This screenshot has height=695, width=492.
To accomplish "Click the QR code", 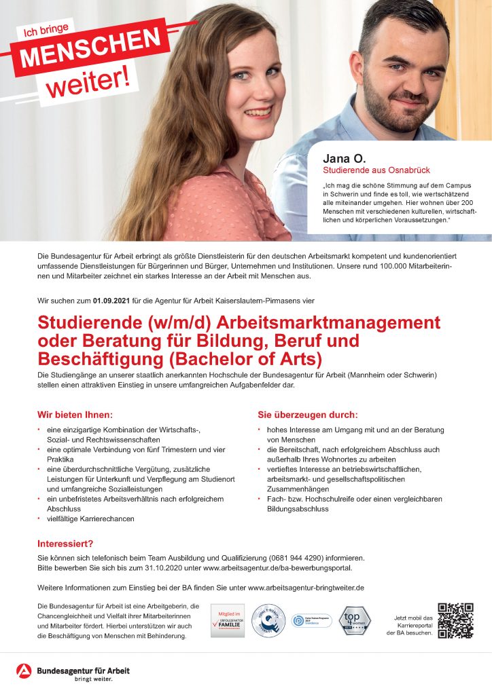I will tap(455, 620).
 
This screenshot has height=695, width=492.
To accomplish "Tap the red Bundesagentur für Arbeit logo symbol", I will tap(24, 671).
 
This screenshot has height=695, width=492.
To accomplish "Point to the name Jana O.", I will tap(346, 159).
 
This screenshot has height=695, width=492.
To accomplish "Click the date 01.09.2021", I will tap(113, 299).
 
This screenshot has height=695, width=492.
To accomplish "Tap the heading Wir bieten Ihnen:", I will tap(75, 414).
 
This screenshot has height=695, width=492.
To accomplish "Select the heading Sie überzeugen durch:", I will tap(307, 414).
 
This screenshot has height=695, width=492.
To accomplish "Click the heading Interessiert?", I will tap(65, 544).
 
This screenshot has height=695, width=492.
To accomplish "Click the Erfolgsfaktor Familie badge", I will tap(227, 621).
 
